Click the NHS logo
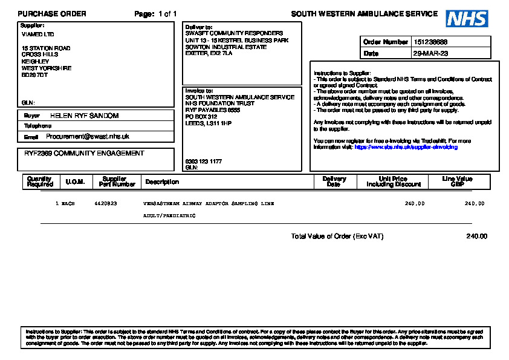pos(467,18)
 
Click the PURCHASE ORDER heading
pos(52,14)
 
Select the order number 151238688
pos(430,42)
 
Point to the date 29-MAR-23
pos(430,54)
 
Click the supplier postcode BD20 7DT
pos(34,75)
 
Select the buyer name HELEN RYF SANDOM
pos(84,116)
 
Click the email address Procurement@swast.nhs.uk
pos(88,137)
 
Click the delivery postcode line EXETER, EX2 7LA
pos(209,53)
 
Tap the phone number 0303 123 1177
pos(203,162)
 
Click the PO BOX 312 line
pos(201,116)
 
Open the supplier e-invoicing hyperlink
pos(406,147)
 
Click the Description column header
pos(162,182)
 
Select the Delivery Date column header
pos(334,182)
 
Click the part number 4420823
pos(106,204)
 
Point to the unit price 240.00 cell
pos(415,204)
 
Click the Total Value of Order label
pos(337,237)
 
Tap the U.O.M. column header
pos(75,182)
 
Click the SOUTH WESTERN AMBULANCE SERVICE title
pos(364,14)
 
